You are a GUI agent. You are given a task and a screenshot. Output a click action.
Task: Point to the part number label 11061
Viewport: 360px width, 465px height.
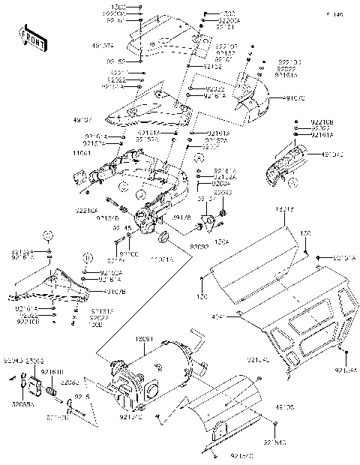tap(83, 152)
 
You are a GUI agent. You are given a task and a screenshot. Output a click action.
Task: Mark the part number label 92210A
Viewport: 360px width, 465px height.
tap(86, 211)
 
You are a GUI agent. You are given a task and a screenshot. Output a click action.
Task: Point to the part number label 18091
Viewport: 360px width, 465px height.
tap(144, 340)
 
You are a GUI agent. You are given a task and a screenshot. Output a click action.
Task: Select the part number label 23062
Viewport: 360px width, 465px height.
tap(34, 361)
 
